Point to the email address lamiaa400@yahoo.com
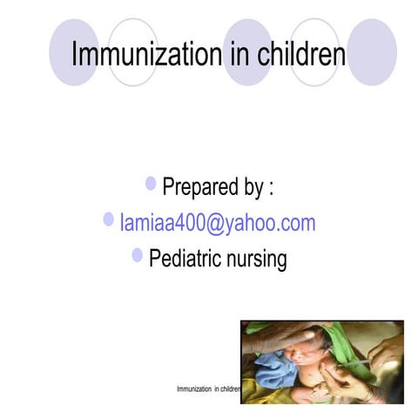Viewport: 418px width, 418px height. click(x=218, y=223)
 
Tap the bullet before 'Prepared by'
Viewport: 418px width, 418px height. click(x=152, y=184)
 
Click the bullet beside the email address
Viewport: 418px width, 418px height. click(x=109, y=219)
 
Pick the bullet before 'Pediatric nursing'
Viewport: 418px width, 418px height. click(x=138, y=255)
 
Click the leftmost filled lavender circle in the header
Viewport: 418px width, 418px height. click(x=73, y=52)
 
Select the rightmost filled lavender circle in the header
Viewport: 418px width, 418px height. click(x=373, y=52)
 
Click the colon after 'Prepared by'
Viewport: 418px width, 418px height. click(x=272, y=188)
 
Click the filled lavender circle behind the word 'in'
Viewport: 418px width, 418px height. click(x=248, y=52)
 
